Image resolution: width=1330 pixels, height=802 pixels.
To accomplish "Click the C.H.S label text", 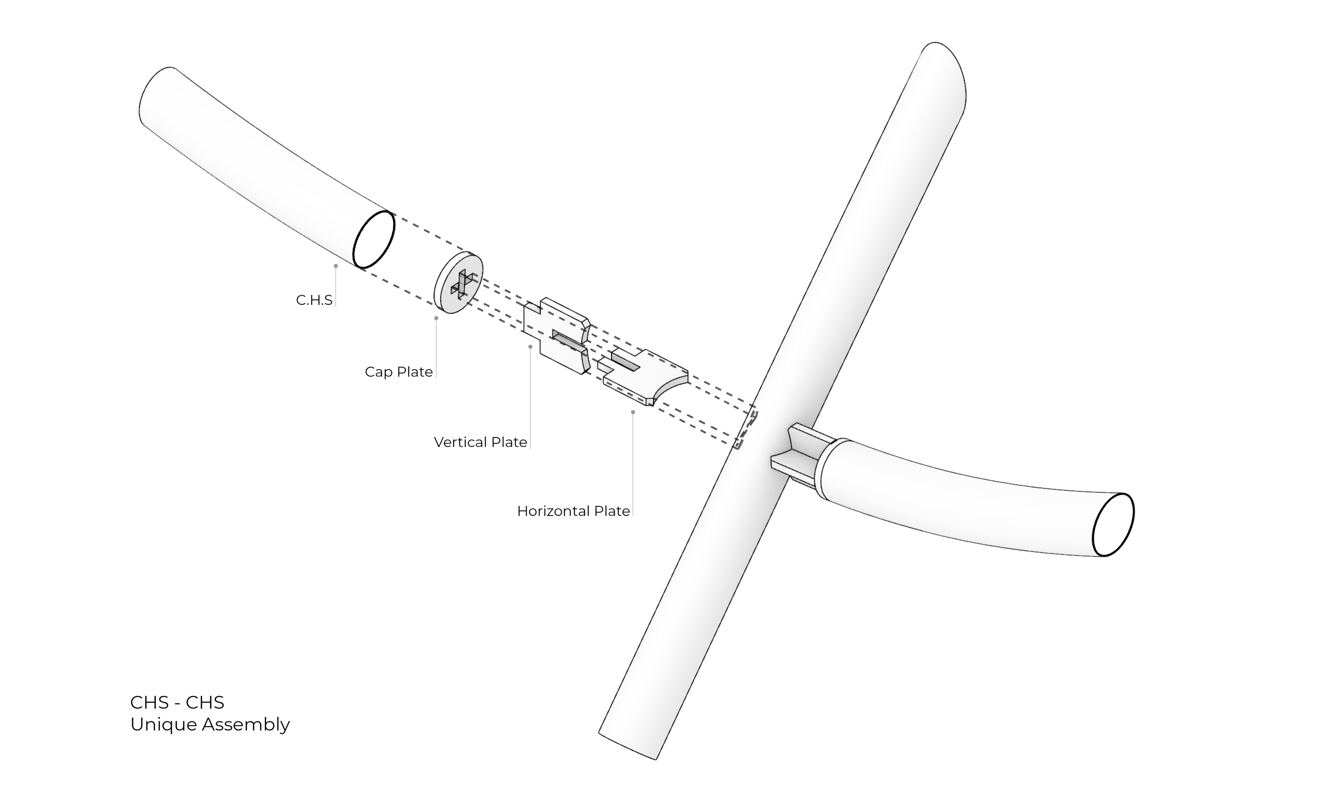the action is pyautogui.click(x=314, y=300).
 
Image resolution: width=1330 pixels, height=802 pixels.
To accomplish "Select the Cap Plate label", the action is pyautogui.click(x=399, y=372).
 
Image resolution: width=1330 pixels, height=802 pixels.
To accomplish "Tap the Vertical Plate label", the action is pyautogui.click(x=480, y=442).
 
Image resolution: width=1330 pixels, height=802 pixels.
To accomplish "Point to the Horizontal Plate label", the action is pyautogui.click(x=573, y=511).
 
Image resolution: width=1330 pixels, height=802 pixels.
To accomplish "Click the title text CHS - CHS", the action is pyautogui.click(x=177, y=702).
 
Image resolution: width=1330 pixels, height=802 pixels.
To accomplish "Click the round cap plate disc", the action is pyautogui.click(x=458, y=282).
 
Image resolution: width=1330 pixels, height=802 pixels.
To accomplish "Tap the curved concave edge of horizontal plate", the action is pyautogui.click(x=669, y=390).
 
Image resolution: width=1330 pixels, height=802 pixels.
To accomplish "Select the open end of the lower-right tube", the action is pyautogui.click(x=1113, y=525).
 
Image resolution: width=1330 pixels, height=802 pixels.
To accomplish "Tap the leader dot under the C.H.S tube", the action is pyautogui.click(x=336, y=266).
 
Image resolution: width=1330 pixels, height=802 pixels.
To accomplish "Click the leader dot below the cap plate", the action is pyautogui.click(x=436, y=318).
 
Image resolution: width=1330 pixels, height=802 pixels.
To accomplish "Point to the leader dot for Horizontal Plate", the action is pyautogui.click(x=633, y=412).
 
